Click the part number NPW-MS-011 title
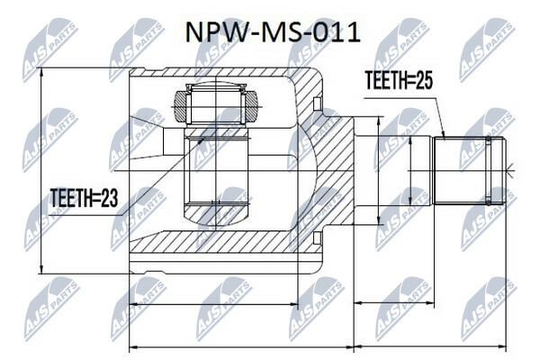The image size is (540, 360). tap(273, 32)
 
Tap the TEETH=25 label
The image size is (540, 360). tap(399, 80)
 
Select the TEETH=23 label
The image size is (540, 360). tap(84, 198)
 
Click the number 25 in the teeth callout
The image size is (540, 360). tap(424, 80)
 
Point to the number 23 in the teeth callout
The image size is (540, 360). tap(109, 198)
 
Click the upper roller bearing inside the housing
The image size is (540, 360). tap(216, 104)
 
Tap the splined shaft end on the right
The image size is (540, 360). tap(470, 171)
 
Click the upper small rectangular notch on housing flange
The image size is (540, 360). tap(318, 103)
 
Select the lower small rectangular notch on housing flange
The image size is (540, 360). tap(318, 238)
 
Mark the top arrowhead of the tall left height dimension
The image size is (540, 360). tap(41, 71)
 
